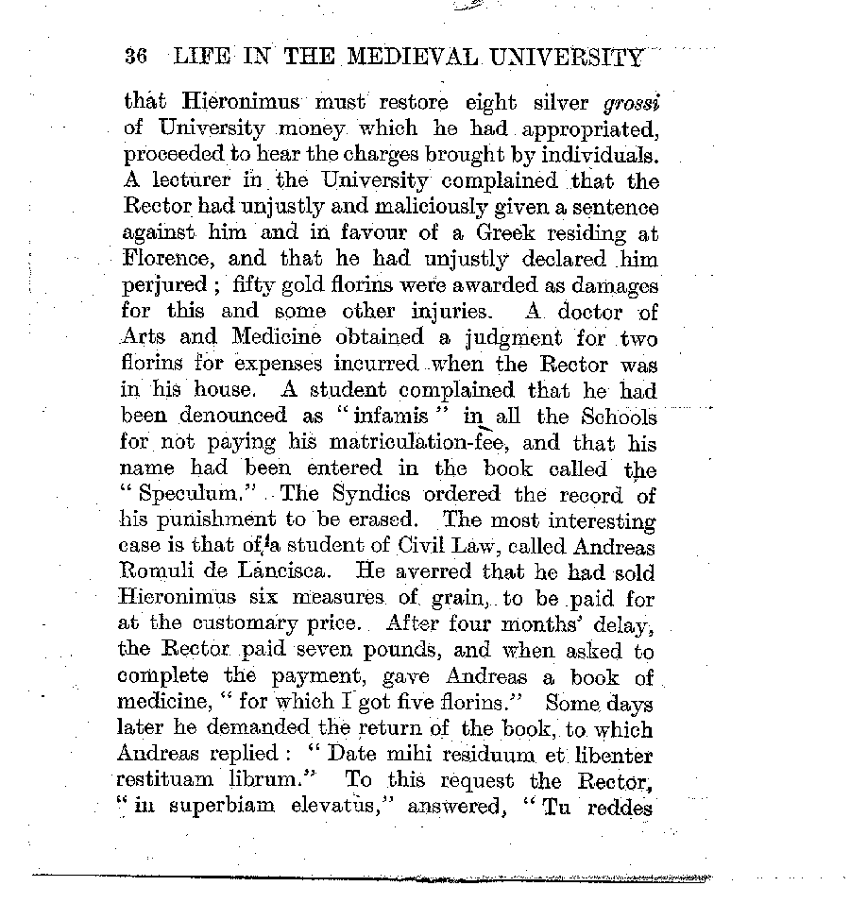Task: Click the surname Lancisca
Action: click(292, 571)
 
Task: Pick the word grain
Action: click(432, 597)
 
